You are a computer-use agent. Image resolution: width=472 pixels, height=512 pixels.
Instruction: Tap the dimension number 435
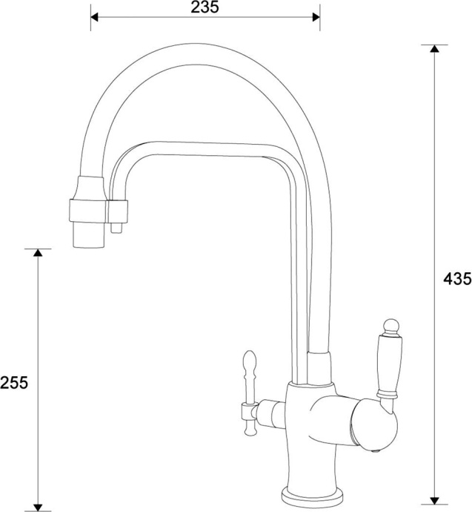pyautogui.click(x=456, y=279)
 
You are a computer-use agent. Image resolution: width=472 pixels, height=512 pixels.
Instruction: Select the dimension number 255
pyautogui.click(x=14, y=382)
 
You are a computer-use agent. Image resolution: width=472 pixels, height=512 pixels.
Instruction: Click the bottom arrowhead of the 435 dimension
pyautogui.click(x=434, y=499)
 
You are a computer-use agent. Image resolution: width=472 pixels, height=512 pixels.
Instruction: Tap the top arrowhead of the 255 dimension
pyautogui.click(x=38, y=254)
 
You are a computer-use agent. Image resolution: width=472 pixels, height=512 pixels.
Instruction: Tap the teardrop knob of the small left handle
pyautogui.click(x=248, y=363)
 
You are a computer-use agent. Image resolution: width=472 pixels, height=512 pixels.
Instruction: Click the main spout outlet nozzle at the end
pyautogui.click(x=87, y=235)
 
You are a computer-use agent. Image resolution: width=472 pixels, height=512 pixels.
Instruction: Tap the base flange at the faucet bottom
pyautogui.click(x=311, y=498)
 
